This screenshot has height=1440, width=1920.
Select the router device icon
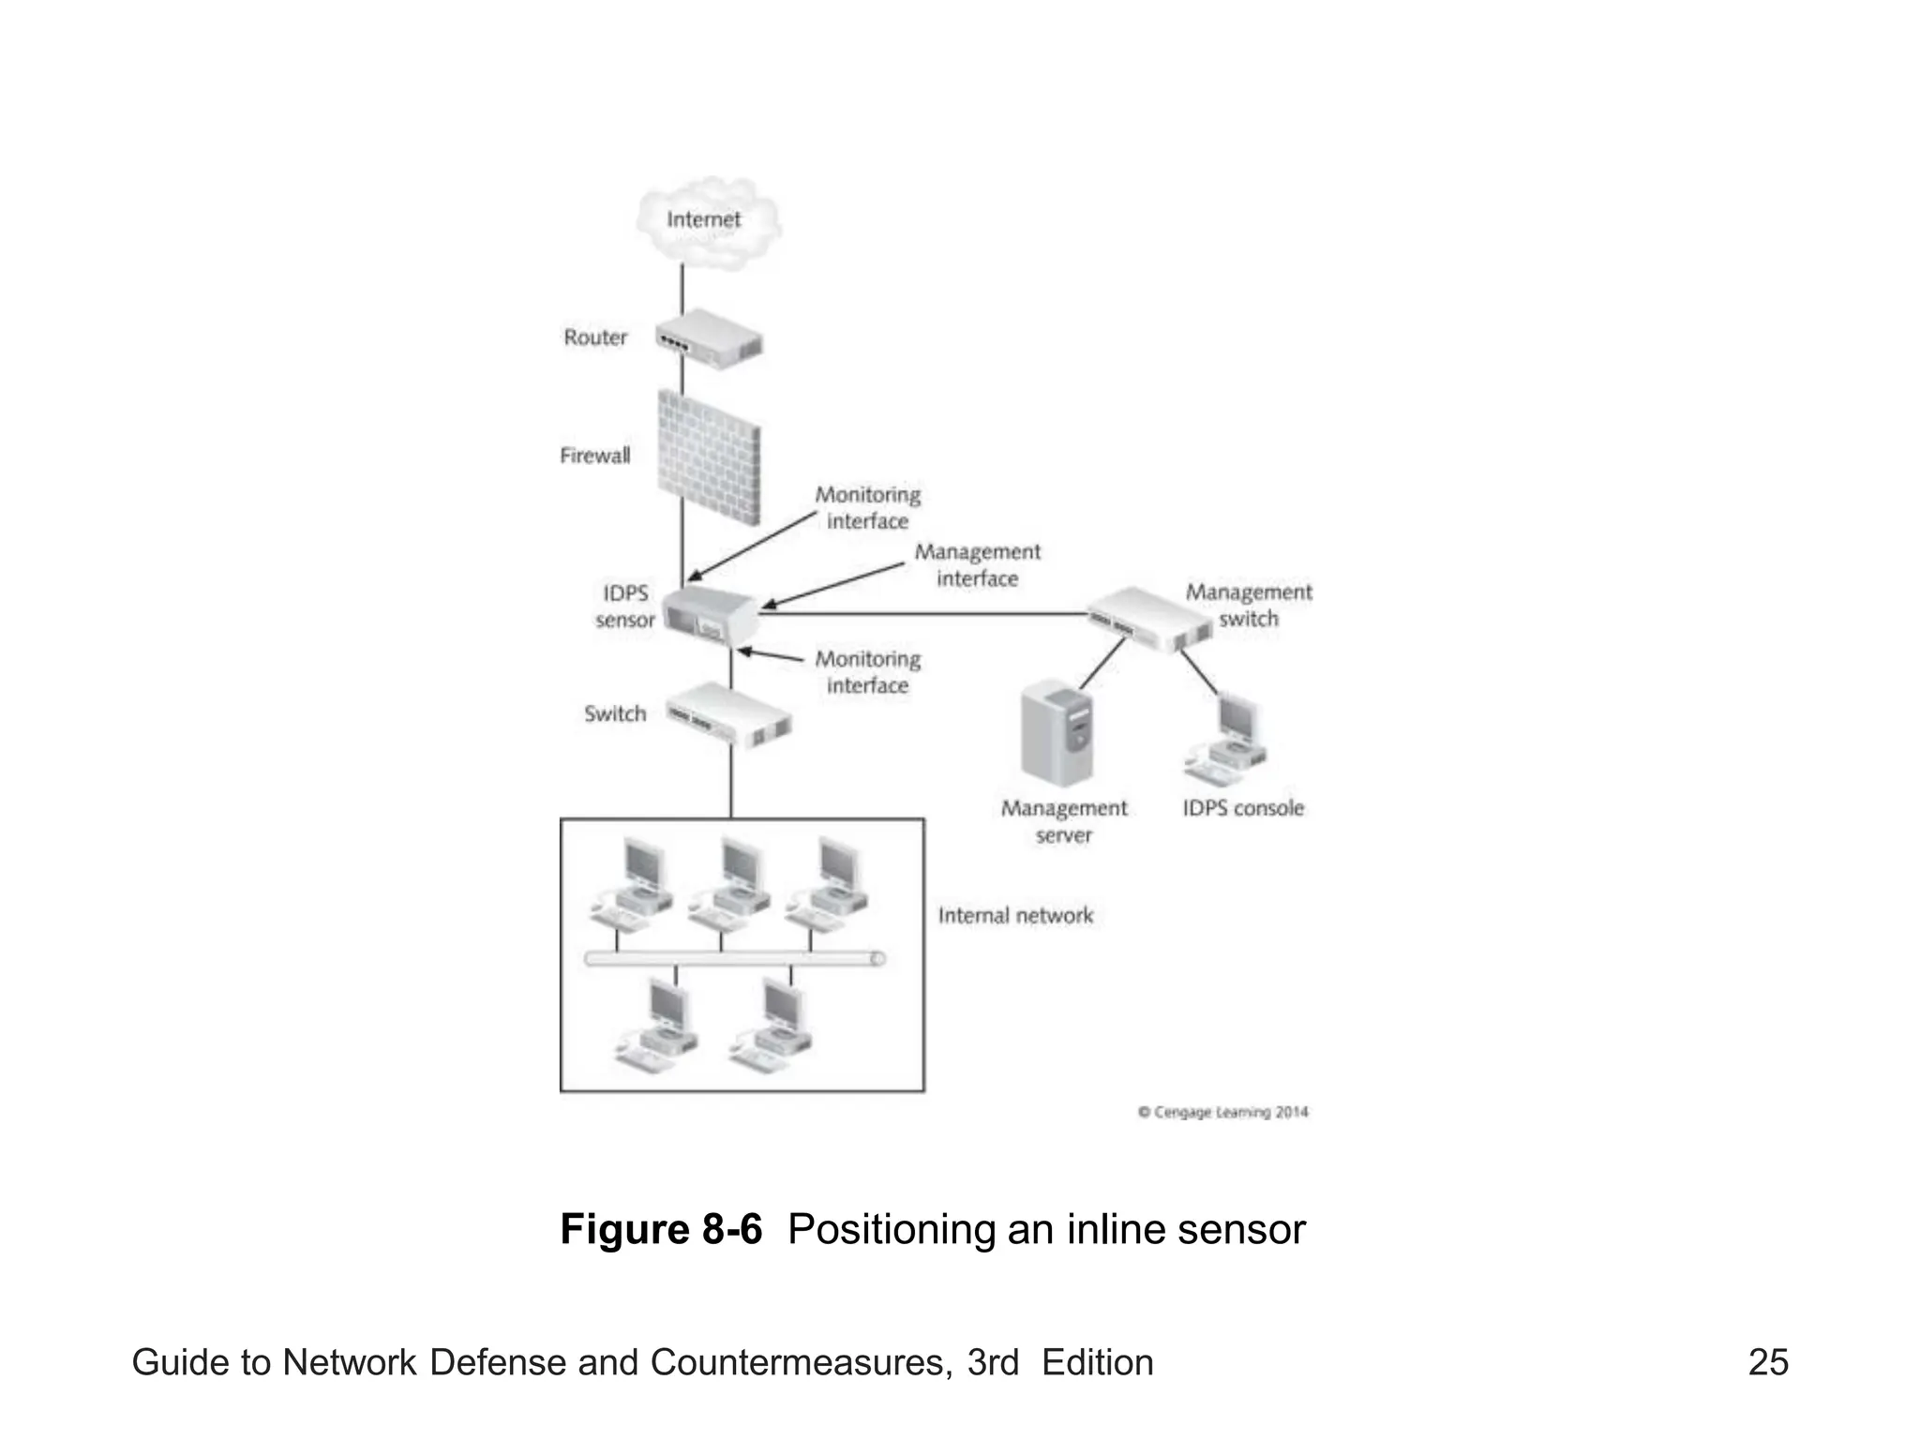[x=708, y=339]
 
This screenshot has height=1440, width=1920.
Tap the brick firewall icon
[x=708, y=457]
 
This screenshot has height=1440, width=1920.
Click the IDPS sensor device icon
[x=710, y=615]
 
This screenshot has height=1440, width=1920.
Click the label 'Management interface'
[x=977, y=565]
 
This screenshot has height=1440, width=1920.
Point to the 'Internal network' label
[x=1015, y=915]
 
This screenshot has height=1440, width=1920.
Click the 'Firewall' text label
[x=594, y=456]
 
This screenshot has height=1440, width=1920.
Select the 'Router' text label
[x=594, y=337]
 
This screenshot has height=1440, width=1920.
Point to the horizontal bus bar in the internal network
[x=734, y=958]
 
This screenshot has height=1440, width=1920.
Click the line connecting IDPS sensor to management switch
[x=923, y=614]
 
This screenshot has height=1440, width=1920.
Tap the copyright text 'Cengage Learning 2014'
[x=1222, y=1112]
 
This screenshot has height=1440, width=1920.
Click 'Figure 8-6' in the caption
[x=661, y=1229]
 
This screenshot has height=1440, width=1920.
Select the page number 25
[x=1768, y=1362]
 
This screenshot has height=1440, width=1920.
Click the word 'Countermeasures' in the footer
[x=796, y=1362]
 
